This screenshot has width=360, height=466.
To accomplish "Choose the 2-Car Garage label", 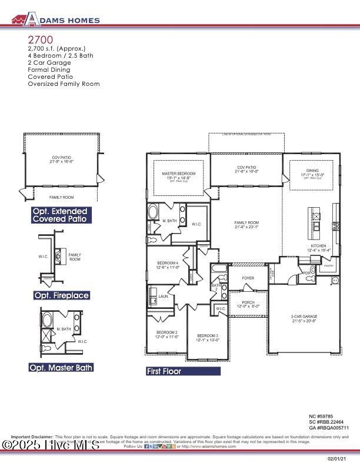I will click(304, 318).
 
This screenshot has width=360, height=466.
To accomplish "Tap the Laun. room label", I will click(164, 297).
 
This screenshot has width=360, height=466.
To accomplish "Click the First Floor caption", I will click(164, 371).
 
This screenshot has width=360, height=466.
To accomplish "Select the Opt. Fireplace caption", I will click(62, 295).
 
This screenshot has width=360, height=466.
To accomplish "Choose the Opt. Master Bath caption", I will click(61, 367).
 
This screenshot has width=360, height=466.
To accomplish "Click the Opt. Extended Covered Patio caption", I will click(61, 215).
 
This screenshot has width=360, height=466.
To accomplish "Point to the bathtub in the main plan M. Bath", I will click(152, 212).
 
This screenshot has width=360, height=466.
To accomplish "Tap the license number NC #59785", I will click(321, 416).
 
